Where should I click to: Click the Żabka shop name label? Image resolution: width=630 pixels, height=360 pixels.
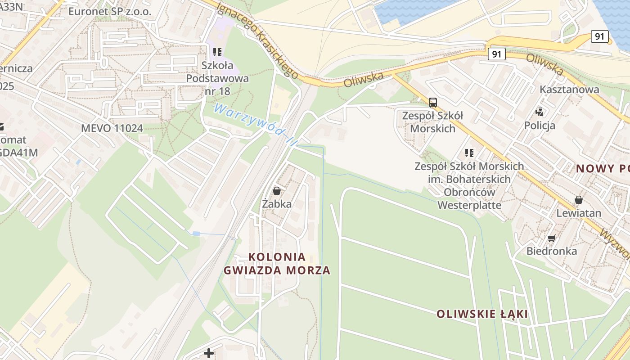[277, 204]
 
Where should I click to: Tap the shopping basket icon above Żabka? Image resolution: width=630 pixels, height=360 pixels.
[277, 191]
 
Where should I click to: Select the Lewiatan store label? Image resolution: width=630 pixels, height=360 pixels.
[579, 213]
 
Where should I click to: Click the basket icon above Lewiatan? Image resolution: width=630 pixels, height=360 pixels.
[579, 200]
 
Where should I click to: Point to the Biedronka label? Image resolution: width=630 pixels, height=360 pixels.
[552, 251]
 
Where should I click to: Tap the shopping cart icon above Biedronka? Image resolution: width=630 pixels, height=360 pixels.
[552, 238]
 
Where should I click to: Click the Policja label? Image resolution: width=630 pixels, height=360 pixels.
[540, 125]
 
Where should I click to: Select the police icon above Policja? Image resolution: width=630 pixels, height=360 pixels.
[540, 112]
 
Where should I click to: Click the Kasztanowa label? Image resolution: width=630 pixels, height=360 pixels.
[569, 89]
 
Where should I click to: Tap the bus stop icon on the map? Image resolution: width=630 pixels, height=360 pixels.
[432, 102]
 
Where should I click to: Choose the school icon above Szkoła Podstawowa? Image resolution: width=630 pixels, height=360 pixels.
[218, 52]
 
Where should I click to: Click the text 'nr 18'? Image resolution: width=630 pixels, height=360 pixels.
[217, 91]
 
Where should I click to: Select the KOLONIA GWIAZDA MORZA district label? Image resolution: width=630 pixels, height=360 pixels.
[277, 264]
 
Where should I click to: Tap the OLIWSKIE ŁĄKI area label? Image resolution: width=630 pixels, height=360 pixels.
[482, 314]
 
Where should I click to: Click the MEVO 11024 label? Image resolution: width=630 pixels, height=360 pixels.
[112, 128]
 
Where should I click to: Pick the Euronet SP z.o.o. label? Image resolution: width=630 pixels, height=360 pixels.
[110, 11]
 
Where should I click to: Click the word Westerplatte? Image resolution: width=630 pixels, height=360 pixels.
[469, 205]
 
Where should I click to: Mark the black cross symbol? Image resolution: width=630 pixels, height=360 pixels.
[209, 353]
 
